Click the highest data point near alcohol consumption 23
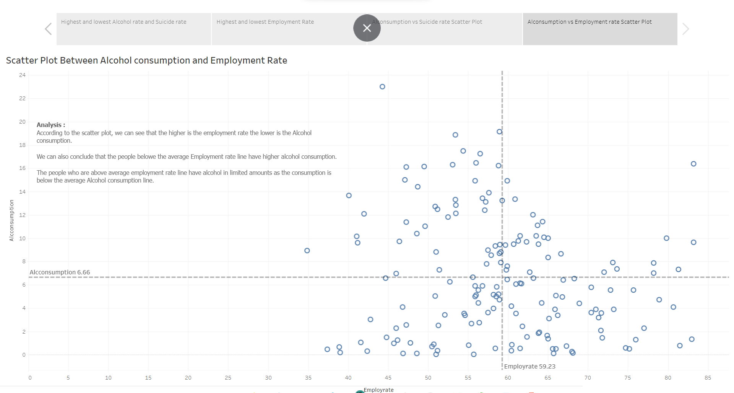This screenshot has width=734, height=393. [x=382, y=87]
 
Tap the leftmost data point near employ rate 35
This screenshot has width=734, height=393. [x=307, y=251]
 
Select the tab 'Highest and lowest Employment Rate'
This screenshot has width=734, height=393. [x=265, y=22]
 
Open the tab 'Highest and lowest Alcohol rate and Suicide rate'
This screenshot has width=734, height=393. [x=123, y=22]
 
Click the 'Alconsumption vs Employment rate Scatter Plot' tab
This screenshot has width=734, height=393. [x=589, y=22]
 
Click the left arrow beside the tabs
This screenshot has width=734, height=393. [x=48, y=29]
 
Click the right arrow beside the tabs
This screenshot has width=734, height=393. [x=685, y=29]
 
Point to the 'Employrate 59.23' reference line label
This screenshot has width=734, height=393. [x=529, y=367]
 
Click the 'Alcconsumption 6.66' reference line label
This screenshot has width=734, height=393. [x=60, y=272]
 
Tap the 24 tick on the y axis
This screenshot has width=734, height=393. [x=23, y=75]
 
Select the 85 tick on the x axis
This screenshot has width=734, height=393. [x=708, y=378]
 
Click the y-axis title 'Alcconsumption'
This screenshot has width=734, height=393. [x=11, y=220]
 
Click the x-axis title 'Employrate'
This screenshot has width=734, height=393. [x=378, y=390]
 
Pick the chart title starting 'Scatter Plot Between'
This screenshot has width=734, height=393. [x=146, y=60]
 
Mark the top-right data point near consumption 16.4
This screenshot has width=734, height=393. [x=693, y=164]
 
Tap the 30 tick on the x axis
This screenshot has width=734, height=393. [x=268, y=378]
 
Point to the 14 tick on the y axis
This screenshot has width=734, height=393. [x=23, y=192]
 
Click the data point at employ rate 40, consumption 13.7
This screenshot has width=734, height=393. [x=349, y=196]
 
